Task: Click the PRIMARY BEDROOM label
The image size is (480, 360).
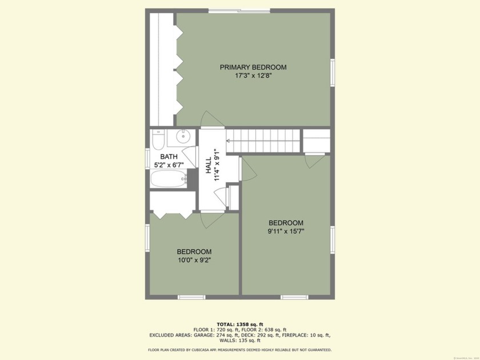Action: coord(253,67)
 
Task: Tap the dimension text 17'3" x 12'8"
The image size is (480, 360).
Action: coord(253,76)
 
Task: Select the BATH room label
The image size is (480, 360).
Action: coord(169,157)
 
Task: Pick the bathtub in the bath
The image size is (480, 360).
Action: coord(169,179)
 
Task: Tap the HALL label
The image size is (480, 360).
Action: coord(209,166)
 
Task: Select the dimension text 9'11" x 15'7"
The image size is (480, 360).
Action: coord(286,231)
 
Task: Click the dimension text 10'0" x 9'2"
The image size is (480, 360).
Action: coord(194,261)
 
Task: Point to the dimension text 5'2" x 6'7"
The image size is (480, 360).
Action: coord(169,165)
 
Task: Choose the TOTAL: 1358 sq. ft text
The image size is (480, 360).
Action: coord(240,324)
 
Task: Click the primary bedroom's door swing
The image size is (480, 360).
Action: coord(210,118)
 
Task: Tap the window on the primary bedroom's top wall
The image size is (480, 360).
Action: coord(239,10)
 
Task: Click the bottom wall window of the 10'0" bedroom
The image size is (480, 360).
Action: coord(191,297)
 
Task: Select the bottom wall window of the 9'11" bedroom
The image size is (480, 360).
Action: coord(294,297)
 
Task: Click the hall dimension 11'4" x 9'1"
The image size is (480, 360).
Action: coord(217,166)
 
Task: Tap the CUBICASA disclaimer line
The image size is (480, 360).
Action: coord(240,350)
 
